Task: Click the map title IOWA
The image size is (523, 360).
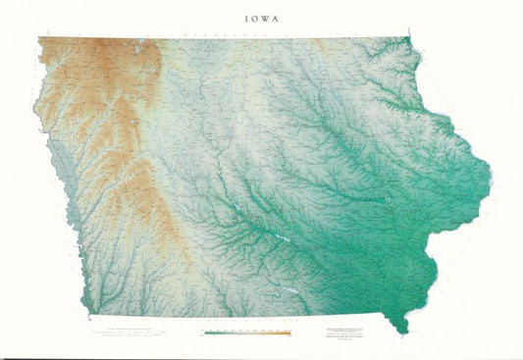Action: [261, 17]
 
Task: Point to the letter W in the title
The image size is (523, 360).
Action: [265, 17]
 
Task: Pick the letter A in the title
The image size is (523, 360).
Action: [279, 17]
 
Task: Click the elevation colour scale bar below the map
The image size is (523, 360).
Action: [248, 333]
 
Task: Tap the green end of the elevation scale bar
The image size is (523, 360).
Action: [208, 333]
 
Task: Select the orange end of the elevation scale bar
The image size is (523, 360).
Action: [288, 333]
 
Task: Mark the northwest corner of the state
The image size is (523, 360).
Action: [39, 38]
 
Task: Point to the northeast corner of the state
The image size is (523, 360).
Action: [408, 38]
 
